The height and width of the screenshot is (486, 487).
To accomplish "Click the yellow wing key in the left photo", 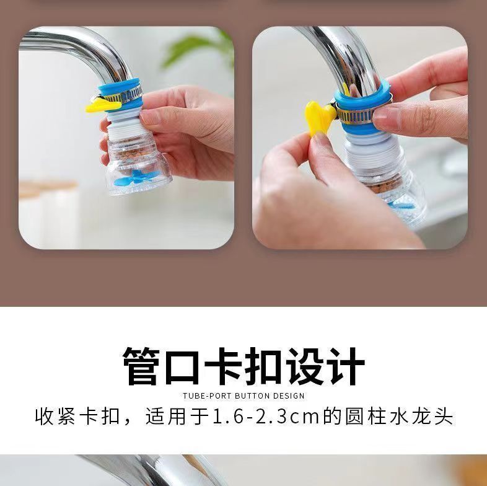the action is pyautogui.click(x=102, y=105).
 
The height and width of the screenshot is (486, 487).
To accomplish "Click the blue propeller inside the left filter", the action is pyautogui.click(x=137, y=178).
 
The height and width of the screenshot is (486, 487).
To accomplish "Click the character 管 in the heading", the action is pyautogui.click(x=141, y=366).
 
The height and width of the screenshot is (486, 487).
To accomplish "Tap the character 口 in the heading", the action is pyautogui.click(x=182, y=367).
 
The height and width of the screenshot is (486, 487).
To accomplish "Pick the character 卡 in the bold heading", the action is pyautogui.click(x=223, y=366).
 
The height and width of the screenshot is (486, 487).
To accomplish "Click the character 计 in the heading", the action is pyautogui.click(x=346, y=366).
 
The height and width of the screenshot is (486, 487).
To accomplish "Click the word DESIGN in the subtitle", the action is pyautogui.click(x=289, y=396).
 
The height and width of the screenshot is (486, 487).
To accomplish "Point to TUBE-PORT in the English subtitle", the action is pyautogui.click(x=207, y=396).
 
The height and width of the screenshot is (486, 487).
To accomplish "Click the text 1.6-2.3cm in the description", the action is pyautogui.click(x=266, y=417).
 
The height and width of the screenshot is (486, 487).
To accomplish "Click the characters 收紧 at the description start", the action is pyautogui.click(x=55, y=417).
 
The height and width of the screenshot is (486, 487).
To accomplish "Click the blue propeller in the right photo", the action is pyautogui.click(x=402, y=205).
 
